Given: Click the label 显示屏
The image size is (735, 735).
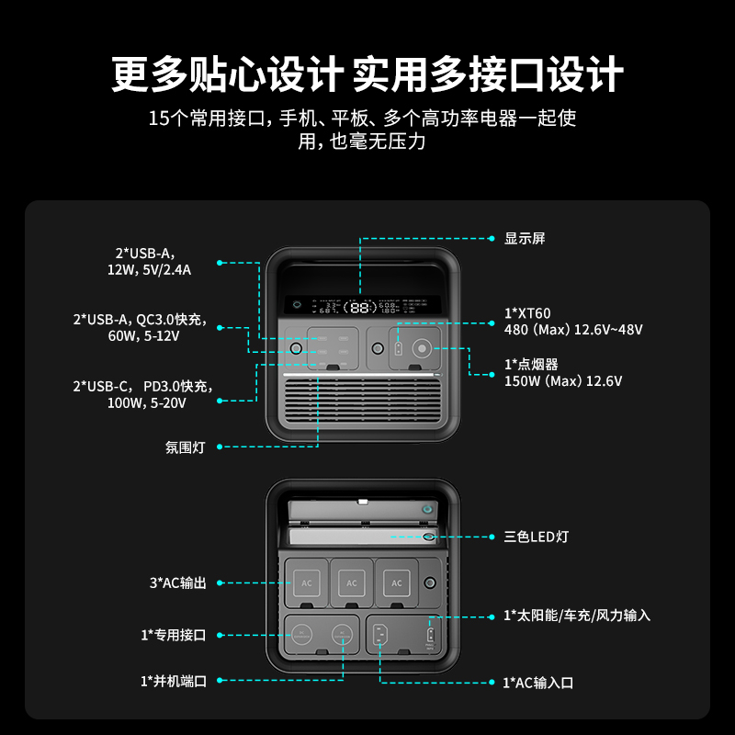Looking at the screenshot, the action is [x=525, y=239].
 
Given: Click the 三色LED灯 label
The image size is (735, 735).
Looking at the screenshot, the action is [x=537, y=536].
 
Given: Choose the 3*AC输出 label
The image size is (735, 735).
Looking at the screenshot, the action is [x=185, y=583].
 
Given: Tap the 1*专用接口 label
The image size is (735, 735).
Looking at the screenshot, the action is [x=173, y=635].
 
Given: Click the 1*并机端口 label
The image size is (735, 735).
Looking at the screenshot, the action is [x=173, y=681].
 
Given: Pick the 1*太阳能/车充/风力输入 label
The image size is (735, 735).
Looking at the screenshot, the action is [x=577, y=616].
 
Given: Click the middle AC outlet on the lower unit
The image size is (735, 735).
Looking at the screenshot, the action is [x=352, y=582].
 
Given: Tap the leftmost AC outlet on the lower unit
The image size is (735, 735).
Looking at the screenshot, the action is [x=307, y=582].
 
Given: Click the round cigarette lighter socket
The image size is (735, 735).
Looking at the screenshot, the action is [x=423, y=349].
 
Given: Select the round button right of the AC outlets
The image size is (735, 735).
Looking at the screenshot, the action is [x=429, y=582].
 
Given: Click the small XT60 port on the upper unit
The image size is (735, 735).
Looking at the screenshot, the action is [x=398, y=350].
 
